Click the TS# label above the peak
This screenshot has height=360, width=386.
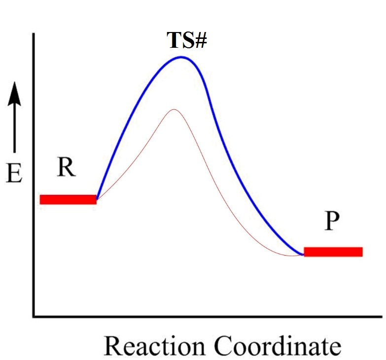pos(186,41)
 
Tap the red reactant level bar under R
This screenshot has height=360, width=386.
pos(68,199)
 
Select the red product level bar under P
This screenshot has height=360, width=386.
pos(333,252)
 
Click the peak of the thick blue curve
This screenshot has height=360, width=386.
pos(181,57)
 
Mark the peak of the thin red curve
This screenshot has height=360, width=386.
pos(173,109)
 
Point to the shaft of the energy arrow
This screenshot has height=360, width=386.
pos(15,128)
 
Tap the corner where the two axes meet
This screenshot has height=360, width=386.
pos(34,316)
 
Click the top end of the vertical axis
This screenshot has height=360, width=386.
pos(34,34)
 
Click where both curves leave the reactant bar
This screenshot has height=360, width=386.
pos(97,199)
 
